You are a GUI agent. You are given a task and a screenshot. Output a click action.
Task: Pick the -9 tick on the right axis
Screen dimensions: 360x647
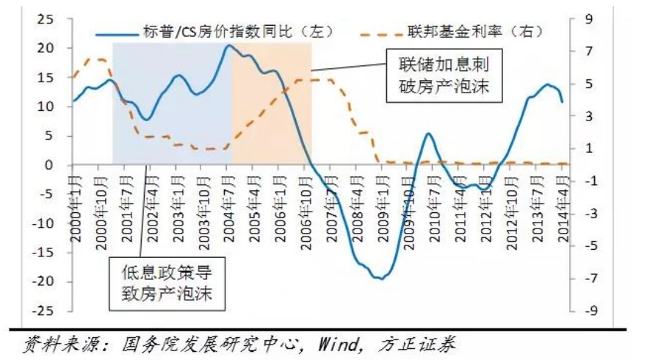(588, 312)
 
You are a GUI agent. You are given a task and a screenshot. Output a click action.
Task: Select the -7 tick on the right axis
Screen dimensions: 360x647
(588, 279)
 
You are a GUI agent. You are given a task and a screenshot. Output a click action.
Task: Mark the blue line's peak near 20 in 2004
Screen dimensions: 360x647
(229, 46)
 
